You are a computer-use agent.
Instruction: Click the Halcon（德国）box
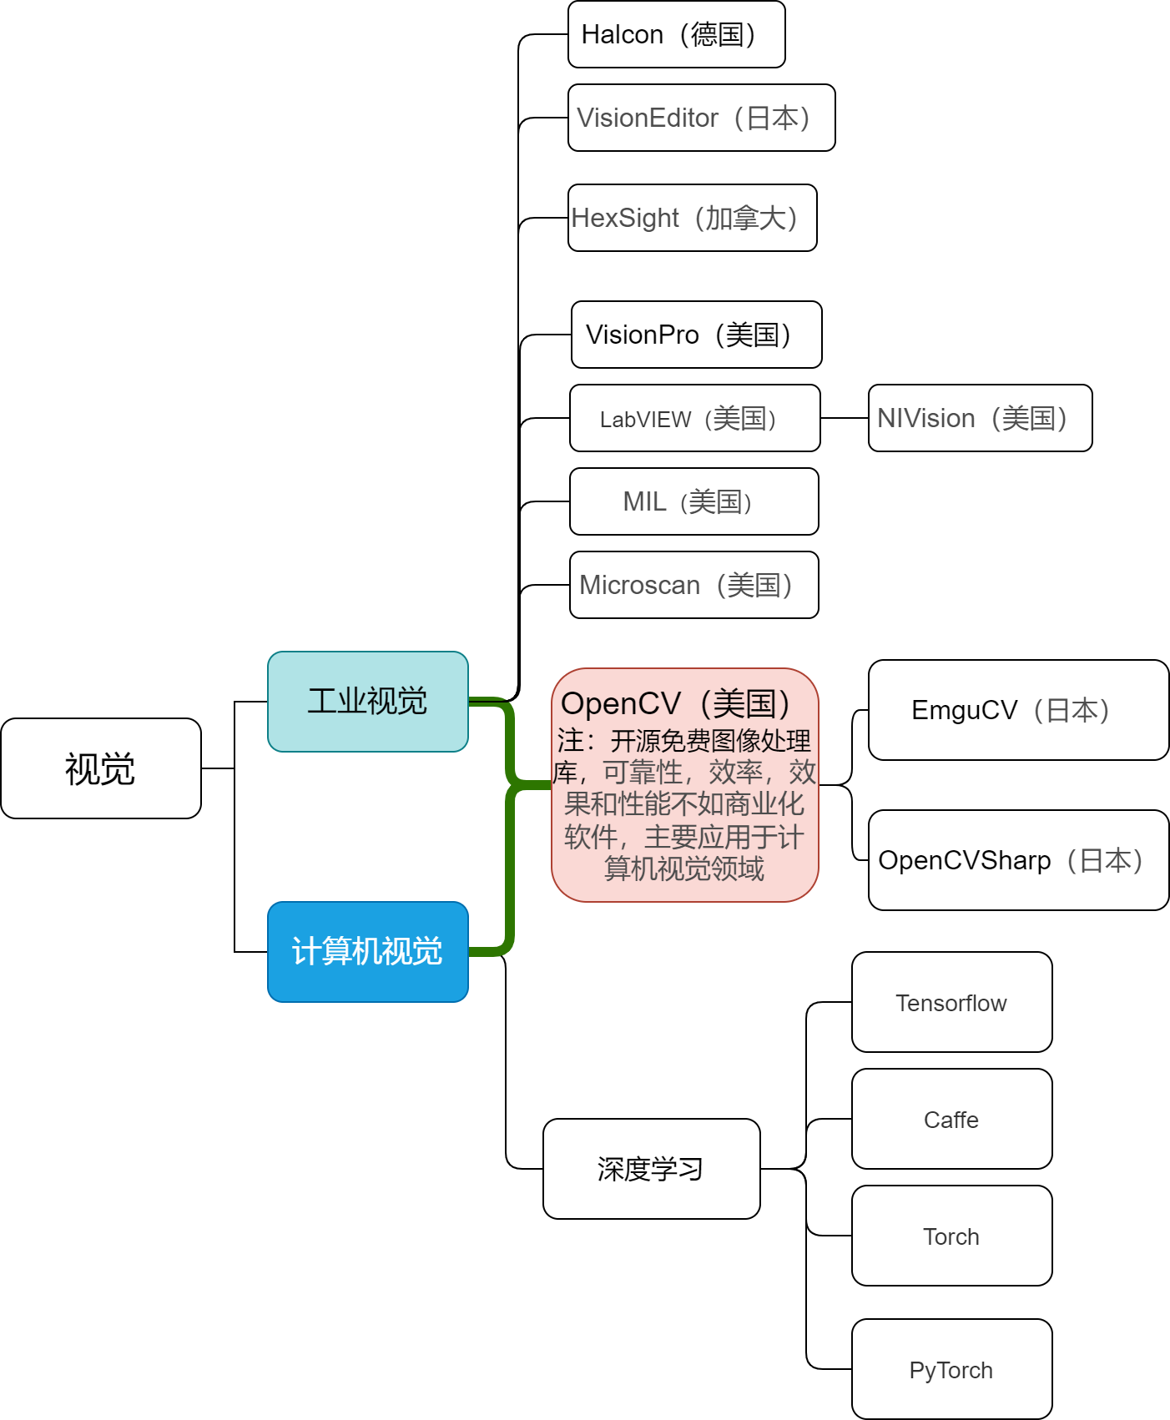click(676, 34)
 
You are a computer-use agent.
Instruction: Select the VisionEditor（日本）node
click(701, 118)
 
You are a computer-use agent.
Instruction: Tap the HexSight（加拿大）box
click(692, 218)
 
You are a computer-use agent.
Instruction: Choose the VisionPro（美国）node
click(696, 335)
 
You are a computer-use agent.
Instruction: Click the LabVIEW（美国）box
click(694, 418)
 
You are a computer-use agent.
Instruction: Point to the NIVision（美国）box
click(980, 418)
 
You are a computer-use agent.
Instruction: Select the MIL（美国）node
click(693, 501)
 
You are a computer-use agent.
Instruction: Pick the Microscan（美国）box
click(693, 585)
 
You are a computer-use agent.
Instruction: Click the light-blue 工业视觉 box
click(367, 702)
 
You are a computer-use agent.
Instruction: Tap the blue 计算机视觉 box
click(367, 952)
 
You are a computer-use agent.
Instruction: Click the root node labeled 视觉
click(100, 768)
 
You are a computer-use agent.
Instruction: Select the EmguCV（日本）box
click(1018, 710)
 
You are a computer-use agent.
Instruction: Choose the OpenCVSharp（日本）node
click(1018, 860)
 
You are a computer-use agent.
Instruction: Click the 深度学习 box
click(651, 1169)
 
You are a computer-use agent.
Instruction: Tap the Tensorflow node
click(951, 1002)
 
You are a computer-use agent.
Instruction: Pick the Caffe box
click(951, 1119)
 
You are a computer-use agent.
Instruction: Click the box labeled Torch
click(951, 1236)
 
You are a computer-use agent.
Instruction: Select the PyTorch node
click(951, 1369)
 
